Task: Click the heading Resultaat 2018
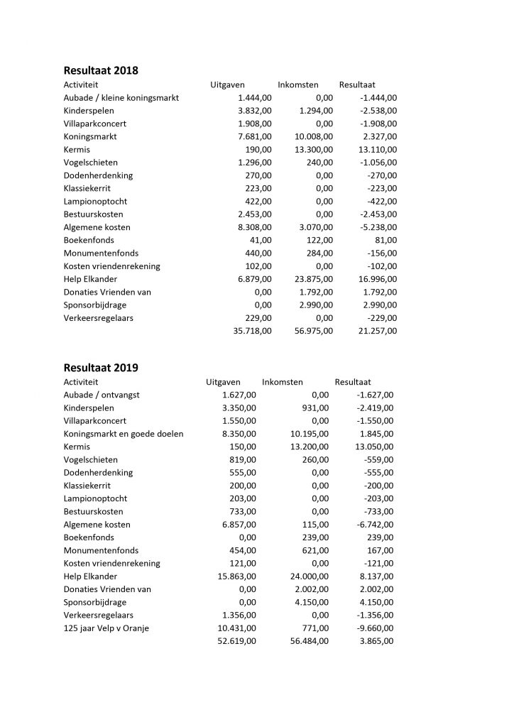click(x=101, y=70)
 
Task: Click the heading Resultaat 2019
click(x=101, y=368)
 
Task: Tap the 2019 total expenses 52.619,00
click(x=237, y=641)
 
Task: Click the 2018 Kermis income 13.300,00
click(x=314, y=150)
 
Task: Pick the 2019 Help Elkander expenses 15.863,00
click(x=237, y=576)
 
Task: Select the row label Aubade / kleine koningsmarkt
click(x=121, y=98)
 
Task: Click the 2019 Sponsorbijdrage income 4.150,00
click(x=312, y=602)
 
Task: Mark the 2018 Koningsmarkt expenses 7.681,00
click(x=254, y=137)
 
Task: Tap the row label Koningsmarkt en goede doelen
click(x=124, y=434)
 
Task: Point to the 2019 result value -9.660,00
click(x=374, y=628)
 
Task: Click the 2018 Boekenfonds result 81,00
click(x=385, y=240)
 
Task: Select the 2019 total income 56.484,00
click(x=310, y=641)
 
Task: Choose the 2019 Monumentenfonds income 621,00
click(x=317, y=550)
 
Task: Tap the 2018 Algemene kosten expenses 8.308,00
click(x=254, y=227)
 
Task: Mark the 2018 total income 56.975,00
click(x=314, y=331)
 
